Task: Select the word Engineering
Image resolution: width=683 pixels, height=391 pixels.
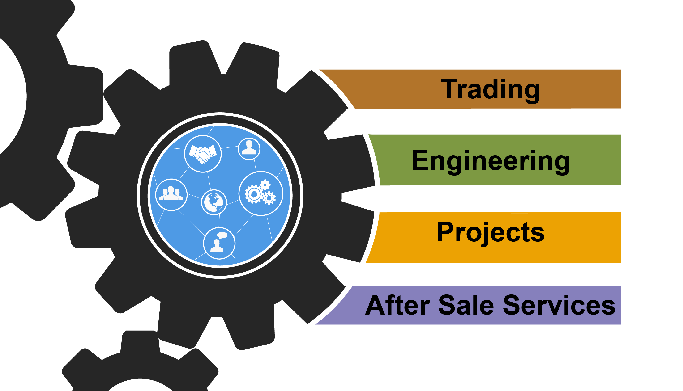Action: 490,161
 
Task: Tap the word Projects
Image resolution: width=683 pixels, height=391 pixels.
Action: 490,232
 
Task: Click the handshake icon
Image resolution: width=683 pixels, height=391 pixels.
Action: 203,154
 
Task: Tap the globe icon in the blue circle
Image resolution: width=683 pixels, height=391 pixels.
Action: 214,202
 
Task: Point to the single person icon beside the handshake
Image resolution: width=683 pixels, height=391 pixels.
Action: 249,148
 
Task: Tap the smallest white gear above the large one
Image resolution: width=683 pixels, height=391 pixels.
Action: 265,185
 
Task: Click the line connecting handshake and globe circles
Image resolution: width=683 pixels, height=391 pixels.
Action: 209,181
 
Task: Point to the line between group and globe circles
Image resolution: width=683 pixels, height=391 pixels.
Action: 194,196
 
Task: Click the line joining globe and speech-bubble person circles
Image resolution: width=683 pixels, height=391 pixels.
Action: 219,221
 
